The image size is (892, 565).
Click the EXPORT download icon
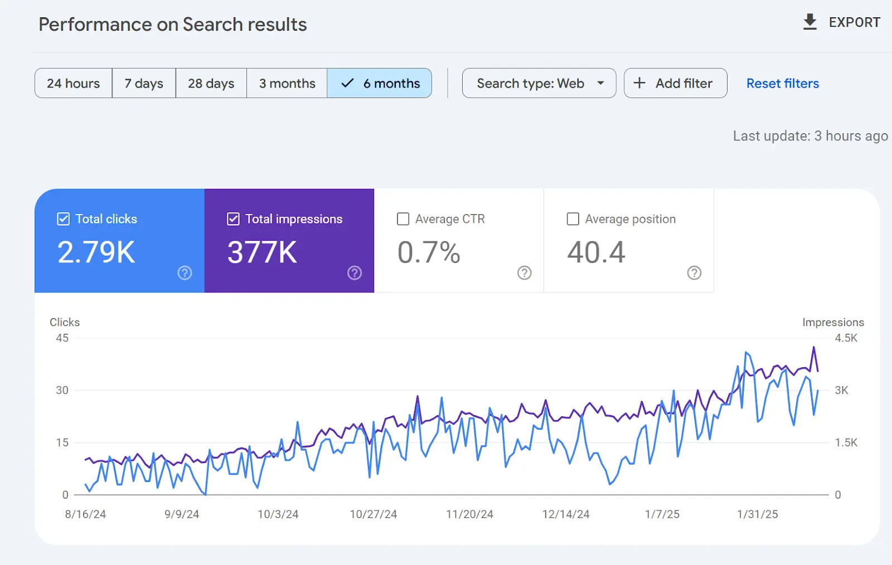(x=810, y=22)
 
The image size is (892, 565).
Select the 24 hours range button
(x=73, y=83)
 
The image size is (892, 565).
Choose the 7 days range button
(x=144, y=83)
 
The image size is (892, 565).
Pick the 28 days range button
(x=211, y=83)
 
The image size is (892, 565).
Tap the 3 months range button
(x=287, y=83)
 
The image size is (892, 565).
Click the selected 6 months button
(x=380, y=83)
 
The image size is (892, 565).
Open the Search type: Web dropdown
(x=539, y=83)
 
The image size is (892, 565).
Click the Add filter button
(x=675, y=83)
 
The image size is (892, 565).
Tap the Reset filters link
(x=783, y=84)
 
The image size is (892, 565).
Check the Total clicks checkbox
(x=64, y=219)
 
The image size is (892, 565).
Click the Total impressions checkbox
(x=233, y=219)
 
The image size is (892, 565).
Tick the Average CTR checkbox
(x=403, y=219)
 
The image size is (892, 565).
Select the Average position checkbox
(x=573, y=219)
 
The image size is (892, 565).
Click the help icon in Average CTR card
(x=524, y=273)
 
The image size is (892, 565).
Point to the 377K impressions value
(x=262, y=252)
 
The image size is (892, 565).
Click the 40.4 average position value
(x=596, y=252)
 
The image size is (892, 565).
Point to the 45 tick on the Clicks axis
(x=62, y=338)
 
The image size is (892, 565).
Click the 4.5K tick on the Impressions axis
(x=846, y=338)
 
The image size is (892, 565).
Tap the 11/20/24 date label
(x=469, y=514)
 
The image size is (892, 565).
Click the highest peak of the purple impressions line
(x=813, y=347)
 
